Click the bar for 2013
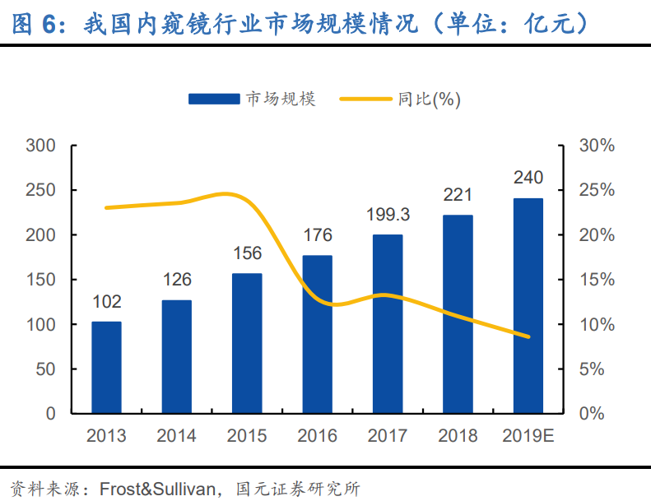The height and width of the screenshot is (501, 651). point(106,367)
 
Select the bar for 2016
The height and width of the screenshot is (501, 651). point(317,334)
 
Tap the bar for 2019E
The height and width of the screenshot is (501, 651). point(528,305)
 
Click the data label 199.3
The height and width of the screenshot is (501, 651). point(388,216)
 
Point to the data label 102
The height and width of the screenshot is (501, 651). point(106,302)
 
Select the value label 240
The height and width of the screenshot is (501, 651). point(528,178)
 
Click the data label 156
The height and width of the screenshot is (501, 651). point(247,254)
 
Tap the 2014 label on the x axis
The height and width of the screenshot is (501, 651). point(176,436)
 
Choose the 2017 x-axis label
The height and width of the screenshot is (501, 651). point(388,436)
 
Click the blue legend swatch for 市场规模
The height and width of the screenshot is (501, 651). point(214,99)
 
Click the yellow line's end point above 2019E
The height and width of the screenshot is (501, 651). point(528,336)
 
